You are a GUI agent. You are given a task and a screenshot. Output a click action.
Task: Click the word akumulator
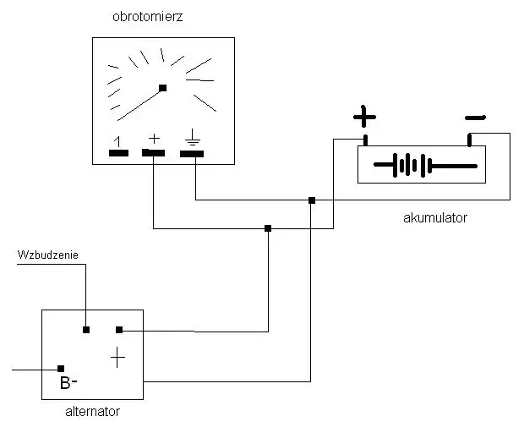435,217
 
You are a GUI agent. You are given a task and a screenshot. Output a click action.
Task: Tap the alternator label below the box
92,412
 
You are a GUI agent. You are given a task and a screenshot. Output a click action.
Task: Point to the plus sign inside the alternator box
117,359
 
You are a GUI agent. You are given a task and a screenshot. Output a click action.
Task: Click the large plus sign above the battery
364,115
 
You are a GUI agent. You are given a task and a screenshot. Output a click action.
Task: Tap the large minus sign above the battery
475,117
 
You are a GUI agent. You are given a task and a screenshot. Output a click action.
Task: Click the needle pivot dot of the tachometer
163,87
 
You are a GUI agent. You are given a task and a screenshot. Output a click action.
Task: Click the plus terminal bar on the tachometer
154,152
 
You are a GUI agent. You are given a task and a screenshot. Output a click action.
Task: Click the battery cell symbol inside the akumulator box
422,164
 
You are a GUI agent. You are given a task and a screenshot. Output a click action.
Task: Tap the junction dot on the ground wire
312,200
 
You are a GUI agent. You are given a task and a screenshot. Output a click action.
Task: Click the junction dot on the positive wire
268,227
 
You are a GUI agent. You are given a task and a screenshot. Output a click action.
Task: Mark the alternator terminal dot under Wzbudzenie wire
86,329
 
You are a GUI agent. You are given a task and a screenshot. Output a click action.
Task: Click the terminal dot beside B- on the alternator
61,368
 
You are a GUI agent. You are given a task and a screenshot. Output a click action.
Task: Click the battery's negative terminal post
470,139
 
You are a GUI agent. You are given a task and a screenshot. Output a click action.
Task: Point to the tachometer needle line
140,103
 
